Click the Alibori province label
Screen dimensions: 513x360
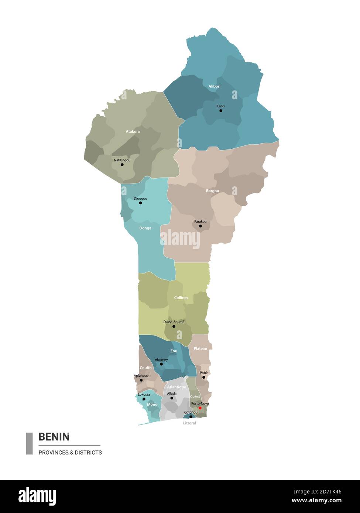(214, 86)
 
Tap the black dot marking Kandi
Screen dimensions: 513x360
(221, 111)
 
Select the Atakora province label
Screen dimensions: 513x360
(133, 131)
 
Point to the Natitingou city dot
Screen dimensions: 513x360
(122, 165)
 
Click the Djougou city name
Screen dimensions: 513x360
(140, 199)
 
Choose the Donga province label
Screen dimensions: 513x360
(145, 228)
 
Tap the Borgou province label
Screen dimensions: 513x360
(212, 191)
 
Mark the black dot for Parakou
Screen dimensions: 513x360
(200, 226)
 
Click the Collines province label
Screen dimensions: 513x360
(181, 297)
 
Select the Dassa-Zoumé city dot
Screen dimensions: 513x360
(174, 326)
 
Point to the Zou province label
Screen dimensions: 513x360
(174, 351)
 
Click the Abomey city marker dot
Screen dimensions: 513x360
(161, 364)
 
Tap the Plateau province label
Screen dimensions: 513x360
(200, 348)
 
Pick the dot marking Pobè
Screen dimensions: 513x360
(203, 377)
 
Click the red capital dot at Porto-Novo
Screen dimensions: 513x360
(200, 408)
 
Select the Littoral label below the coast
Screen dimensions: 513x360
(189, 423)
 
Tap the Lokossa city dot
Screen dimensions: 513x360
(144, 399)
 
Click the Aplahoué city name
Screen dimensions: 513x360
(141, 376)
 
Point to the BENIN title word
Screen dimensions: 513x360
(54, 437)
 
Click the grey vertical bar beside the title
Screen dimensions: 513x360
(29, 443)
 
